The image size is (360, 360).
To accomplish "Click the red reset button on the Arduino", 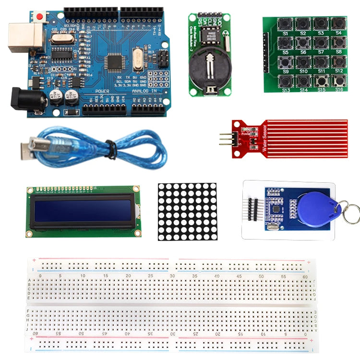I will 39,17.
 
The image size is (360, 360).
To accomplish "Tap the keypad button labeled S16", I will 338,81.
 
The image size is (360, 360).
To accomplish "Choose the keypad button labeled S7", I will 321,43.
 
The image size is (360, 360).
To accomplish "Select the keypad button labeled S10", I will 303,62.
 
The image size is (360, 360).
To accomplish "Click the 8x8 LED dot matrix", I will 188,211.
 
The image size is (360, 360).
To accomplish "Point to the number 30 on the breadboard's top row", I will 172,276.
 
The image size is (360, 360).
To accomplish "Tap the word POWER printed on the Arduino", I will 102,91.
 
